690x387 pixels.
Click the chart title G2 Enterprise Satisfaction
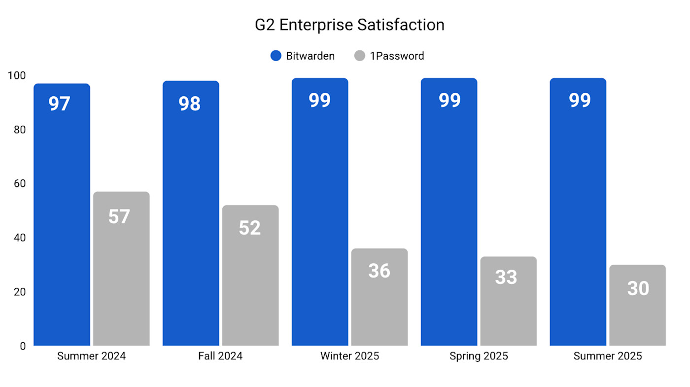(349, 25)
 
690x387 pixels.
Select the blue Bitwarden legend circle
(276, 56)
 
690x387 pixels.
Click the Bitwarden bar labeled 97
(62, 217)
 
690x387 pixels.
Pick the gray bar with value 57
(121, 271)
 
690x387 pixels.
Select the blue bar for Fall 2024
(191, 217)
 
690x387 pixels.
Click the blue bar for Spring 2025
(449, 217)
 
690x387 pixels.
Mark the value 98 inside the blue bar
(190, 104)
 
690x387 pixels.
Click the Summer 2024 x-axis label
(91, 356)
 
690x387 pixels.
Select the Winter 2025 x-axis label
(349, 356)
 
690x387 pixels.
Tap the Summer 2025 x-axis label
(608, 356)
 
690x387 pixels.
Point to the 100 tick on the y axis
(17, 75)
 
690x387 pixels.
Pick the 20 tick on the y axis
(20, 292)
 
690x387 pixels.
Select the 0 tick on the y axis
(23, 346)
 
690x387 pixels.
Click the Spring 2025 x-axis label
(479, 356)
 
